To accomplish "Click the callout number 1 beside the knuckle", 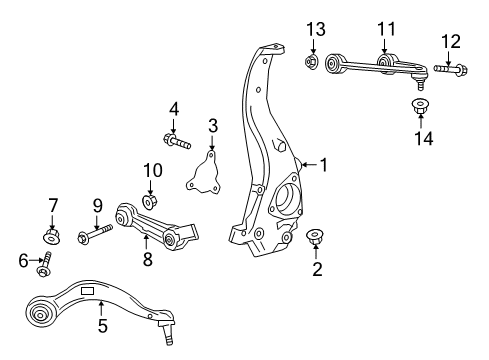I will (x=322, y=163).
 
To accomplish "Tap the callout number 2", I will (x=317, y=268).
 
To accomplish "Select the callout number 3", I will (x=212, y=125).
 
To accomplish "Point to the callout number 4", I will (x=173, y=108).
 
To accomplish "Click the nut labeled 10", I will (x=150, y=201).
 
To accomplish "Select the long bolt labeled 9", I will (x=98, y=238).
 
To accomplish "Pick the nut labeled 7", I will (x=53, y=237).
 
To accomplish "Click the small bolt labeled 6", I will (x=43, y=269).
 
